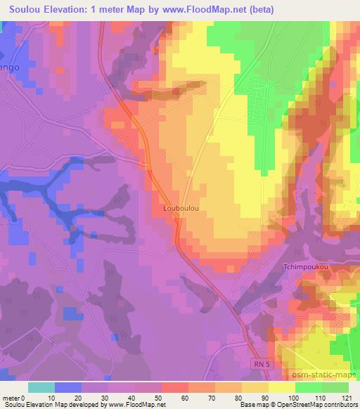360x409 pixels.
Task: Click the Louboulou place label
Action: pyautogui.click(x=178, y=208)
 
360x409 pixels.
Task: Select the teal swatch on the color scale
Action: pyautogui.click(x=41, y=387)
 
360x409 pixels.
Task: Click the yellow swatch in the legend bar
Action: pyautogui.click(x=282, y=387)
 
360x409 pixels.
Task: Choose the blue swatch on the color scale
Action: pyautogui.click(x=68, y=387)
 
